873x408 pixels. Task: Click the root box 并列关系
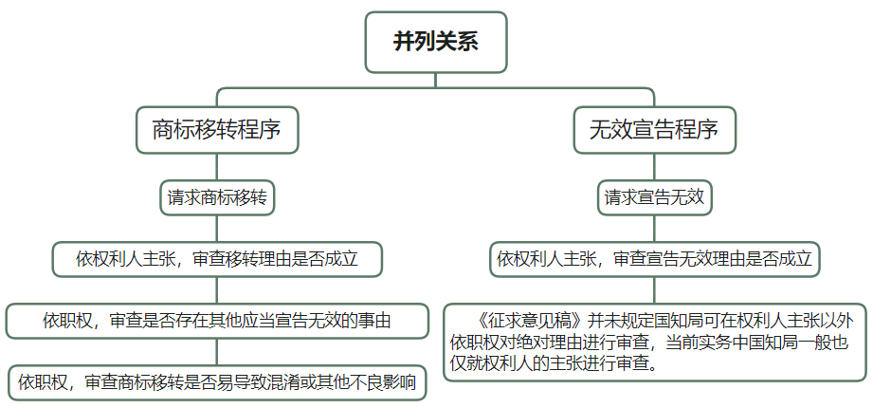point(436,43)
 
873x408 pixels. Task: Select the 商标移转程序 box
point(217,130)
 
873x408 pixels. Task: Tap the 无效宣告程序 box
point(654,130)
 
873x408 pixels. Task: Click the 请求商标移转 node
point(217,197)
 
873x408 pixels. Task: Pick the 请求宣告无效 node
point(654,197)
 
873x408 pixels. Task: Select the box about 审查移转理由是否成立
point(217,259)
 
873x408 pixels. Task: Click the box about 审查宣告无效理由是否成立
point(654,259)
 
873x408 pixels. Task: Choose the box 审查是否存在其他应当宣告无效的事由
point(217,321)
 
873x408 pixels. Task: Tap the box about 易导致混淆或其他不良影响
point(217,383)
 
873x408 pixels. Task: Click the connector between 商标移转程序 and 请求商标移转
point(217,167)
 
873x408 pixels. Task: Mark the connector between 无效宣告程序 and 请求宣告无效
point(654,167)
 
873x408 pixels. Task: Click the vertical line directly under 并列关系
point(436,81)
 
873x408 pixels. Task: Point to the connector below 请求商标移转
point(217,229)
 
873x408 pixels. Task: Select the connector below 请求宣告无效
point(654,229)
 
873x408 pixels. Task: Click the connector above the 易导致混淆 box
point(217,352)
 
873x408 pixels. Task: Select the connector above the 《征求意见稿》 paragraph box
point(654,289)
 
